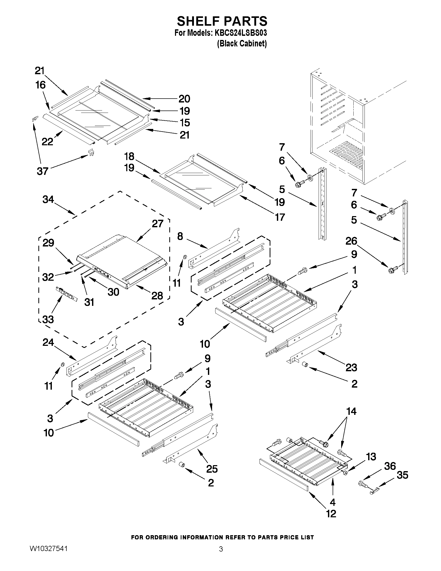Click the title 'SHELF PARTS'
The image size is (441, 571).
point(222,21)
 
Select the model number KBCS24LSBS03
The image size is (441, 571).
point(241,33)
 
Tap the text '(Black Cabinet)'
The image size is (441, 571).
point(242,43)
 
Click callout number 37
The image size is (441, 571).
point(42,171)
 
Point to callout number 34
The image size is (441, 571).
point(48,200)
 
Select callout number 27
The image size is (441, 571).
point(158,224)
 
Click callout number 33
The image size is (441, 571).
point(48,319)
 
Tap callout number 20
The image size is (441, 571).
point(184,99)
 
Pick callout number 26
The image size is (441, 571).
point(351,241)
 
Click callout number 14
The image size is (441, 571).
point(351,411)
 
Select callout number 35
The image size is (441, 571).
point(402,475)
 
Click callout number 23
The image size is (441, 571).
point(351,368)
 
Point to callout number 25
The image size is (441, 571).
point(212,469)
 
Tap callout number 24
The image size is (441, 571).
point(48,342)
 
